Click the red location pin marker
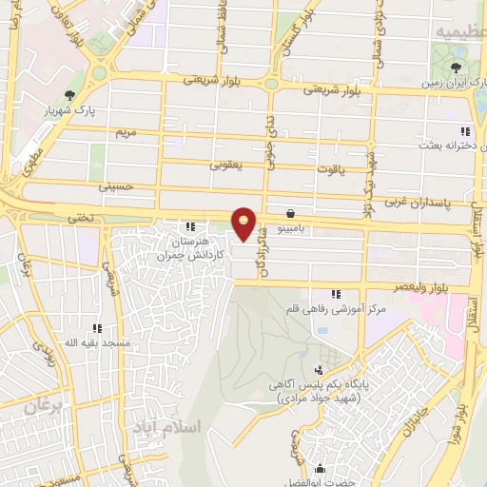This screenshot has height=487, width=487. tap(245, 224)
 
